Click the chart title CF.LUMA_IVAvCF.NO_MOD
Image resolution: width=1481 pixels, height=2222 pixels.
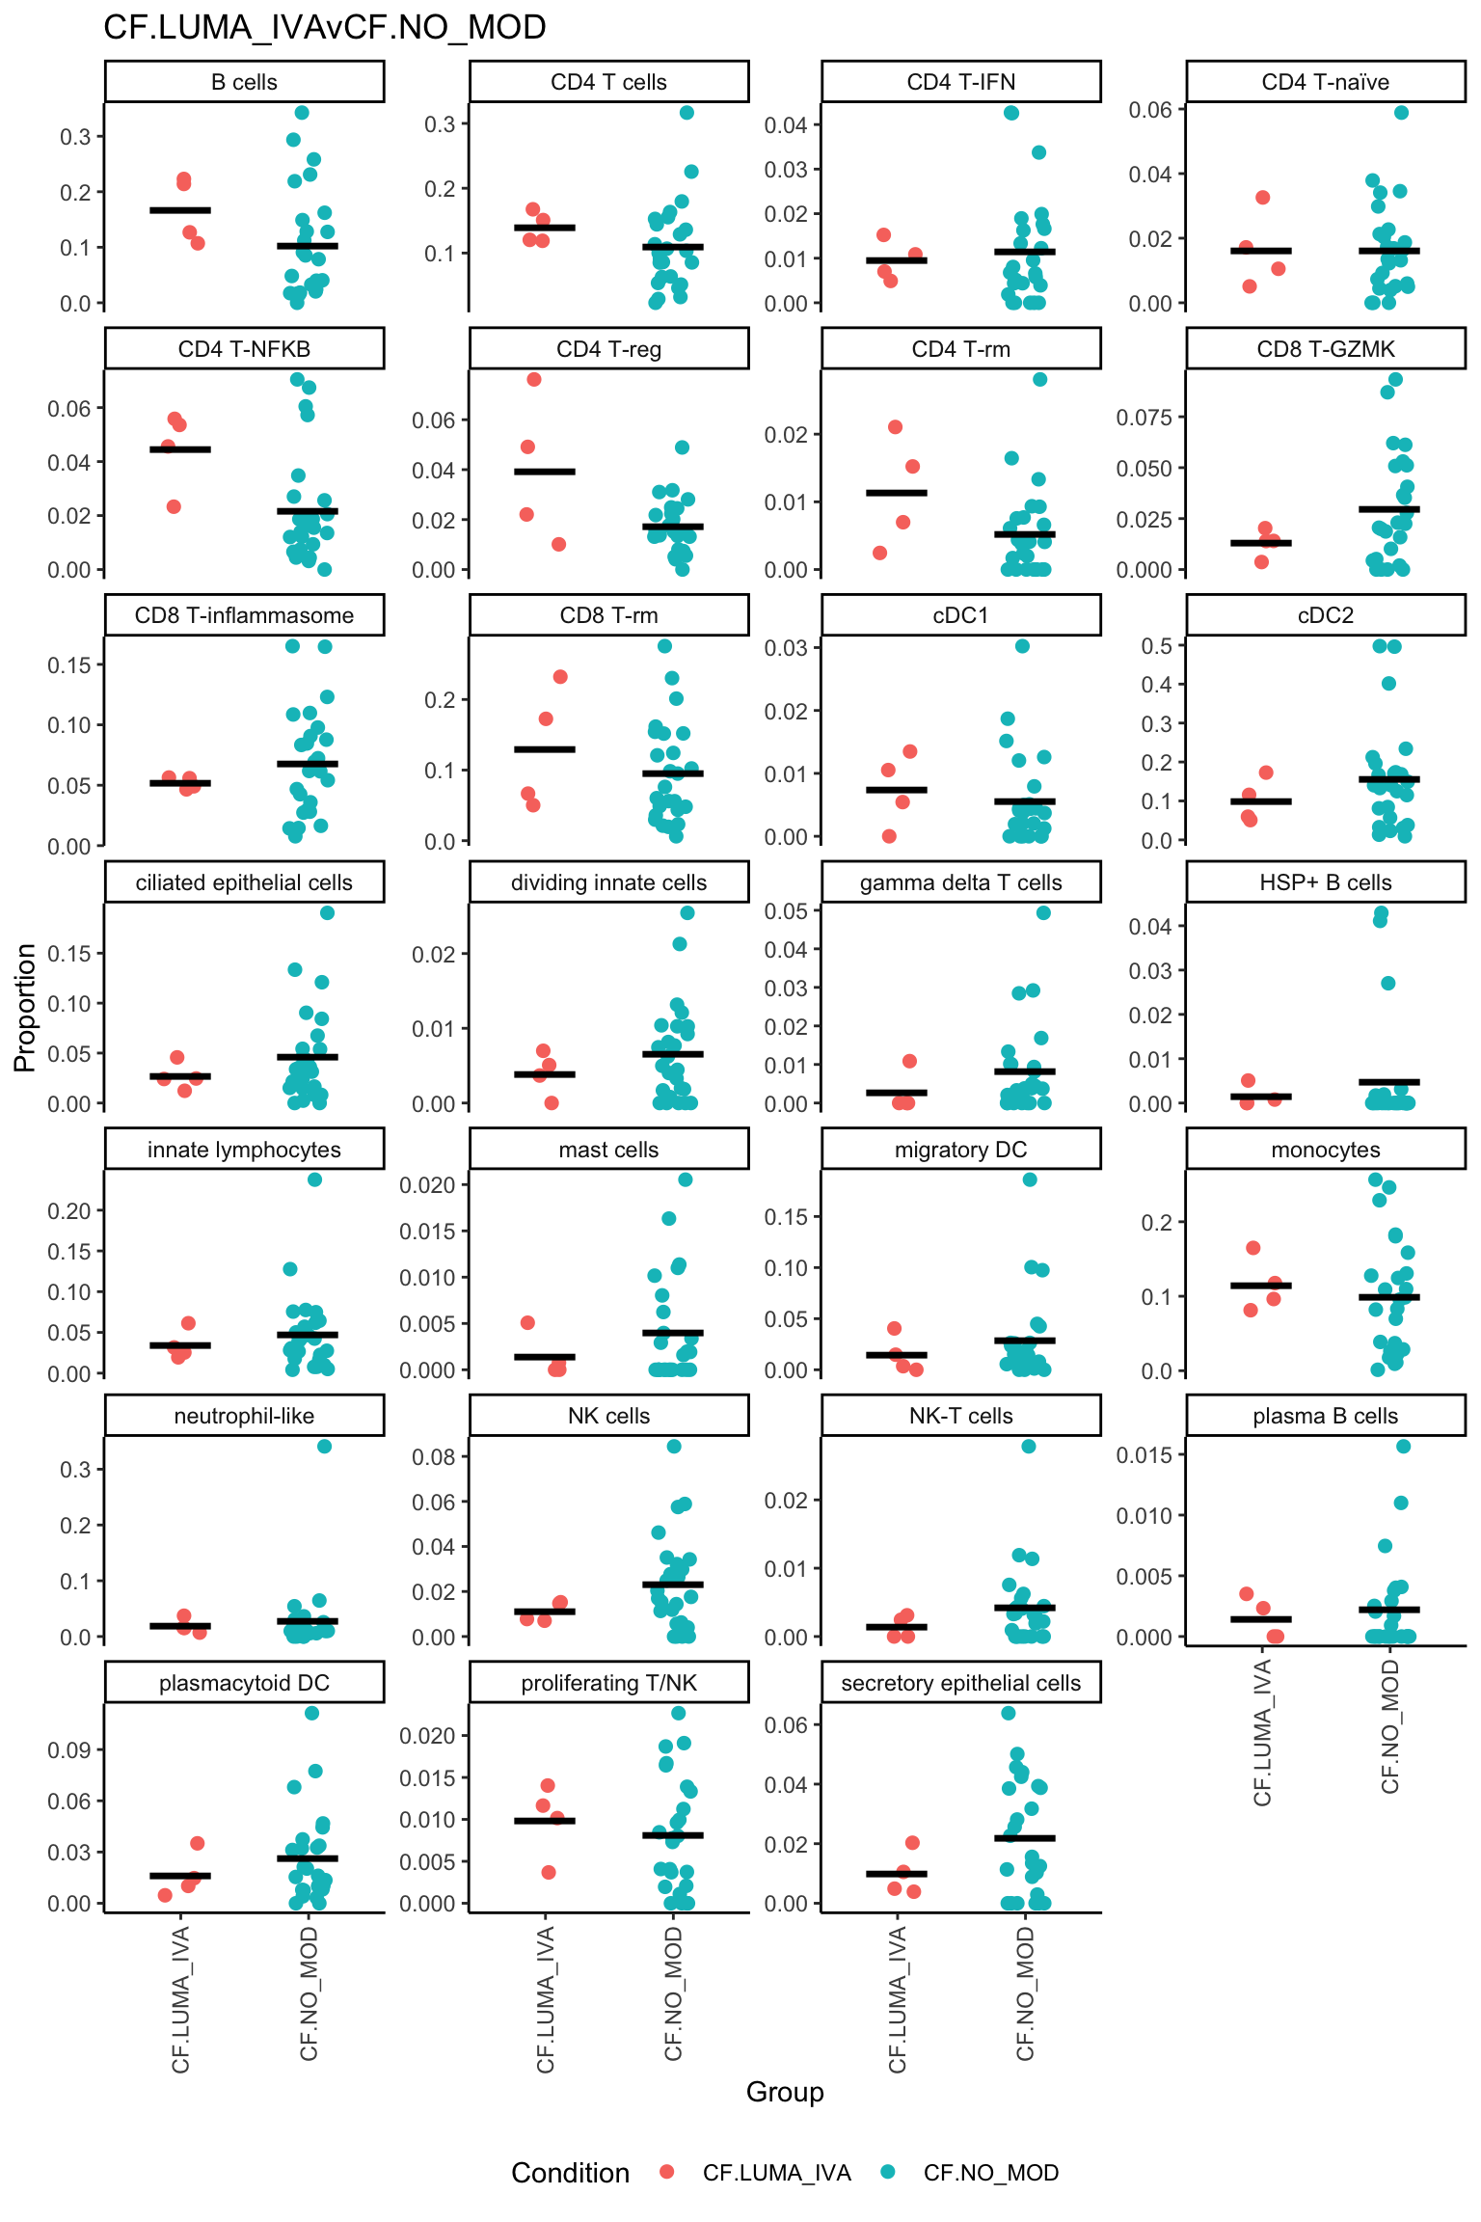[x=324, y=27]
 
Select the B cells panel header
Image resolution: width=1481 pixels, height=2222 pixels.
[x=244, y=82]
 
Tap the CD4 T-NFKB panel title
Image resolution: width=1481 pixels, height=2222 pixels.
[x=244, y=349]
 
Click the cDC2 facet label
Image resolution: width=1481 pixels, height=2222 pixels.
[x=1326, y=615]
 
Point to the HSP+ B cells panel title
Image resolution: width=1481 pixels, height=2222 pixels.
[x=1326, y=882]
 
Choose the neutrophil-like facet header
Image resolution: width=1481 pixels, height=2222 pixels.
[x=244, y=1416]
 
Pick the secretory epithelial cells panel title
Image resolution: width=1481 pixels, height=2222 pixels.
[x=960, y=1683]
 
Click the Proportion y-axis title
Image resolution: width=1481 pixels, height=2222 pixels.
[x=25, y=1007]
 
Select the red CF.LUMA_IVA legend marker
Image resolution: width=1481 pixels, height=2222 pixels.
[x=666, y=2172]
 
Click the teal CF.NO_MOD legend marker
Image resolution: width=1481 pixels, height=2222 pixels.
[x=888, y=2172]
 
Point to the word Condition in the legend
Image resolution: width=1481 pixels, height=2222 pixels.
[x=570, y=2173]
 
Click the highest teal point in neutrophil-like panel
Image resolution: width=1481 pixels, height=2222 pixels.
[x=324, y=1446]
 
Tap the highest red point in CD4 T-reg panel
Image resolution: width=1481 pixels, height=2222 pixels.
[x=534, y=379]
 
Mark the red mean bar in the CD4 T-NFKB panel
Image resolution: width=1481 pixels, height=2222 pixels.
[x=180, y=449]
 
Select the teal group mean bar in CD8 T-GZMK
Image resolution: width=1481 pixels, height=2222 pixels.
[x=1389, y=509]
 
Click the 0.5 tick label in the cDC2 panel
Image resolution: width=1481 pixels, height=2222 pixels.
[x=1156, y=646]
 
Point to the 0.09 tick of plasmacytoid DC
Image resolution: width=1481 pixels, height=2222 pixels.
[x=68, y=1749]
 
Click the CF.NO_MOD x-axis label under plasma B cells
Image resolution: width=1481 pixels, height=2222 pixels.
[x=1389, y=1726]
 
